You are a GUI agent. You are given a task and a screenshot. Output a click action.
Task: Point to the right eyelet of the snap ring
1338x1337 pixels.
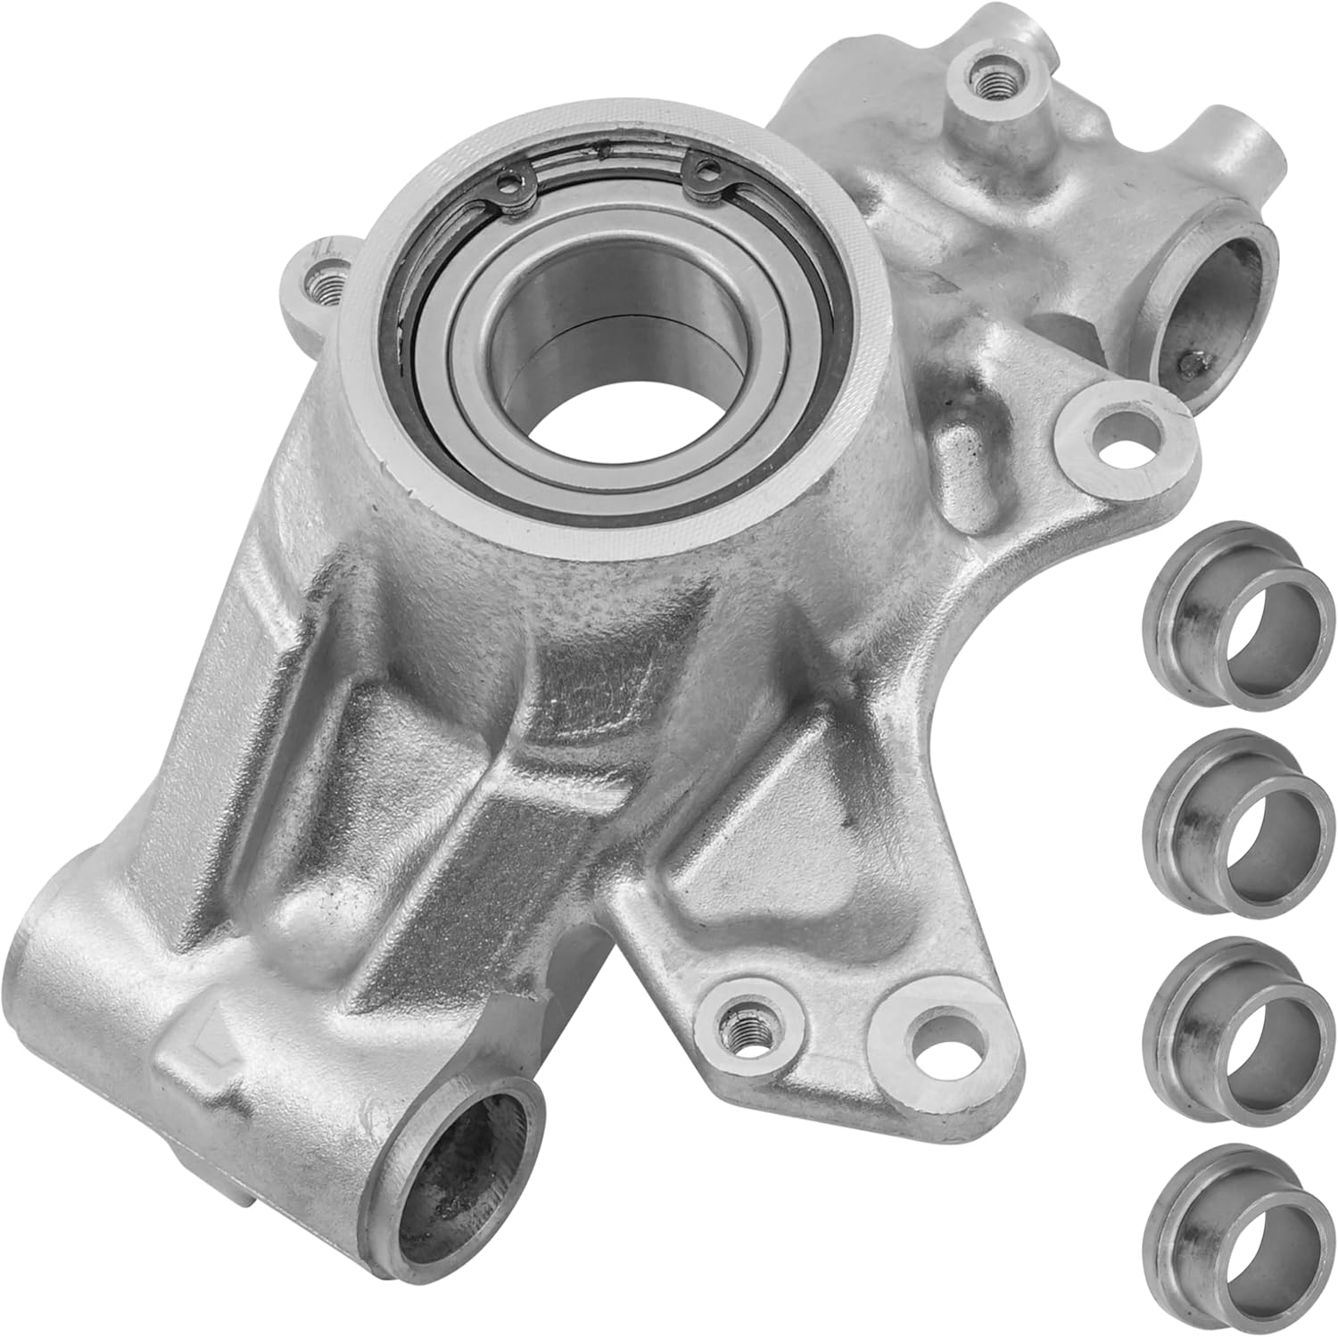[x=706, y=167]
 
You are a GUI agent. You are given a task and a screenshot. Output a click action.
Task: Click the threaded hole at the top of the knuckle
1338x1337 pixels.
[x=987, y=81]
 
